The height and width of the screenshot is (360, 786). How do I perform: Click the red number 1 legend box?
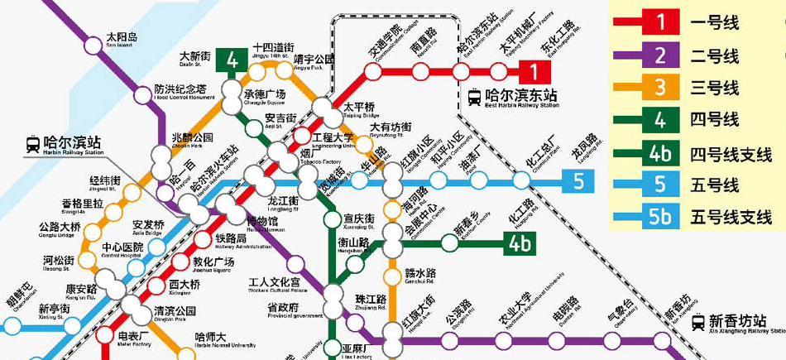(x=660, y=23)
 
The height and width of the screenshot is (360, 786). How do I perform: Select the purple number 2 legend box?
(x=660, y=55)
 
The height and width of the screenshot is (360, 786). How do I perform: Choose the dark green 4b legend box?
(x=660, y=153)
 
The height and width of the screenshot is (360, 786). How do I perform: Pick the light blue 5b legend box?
(x=660, y=218)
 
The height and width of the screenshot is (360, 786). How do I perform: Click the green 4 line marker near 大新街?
(x=232, y=60)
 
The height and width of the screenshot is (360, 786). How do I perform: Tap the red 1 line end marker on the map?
(x=534, y=71)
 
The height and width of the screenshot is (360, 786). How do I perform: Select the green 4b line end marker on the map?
(x=520, y=244)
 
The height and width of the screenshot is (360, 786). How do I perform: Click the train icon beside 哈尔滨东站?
(x=474, y=98)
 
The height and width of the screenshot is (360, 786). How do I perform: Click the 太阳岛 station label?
(x=122, y=38)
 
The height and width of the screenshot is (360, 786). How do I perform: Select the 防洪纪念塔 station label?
(x=185, y=89)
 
